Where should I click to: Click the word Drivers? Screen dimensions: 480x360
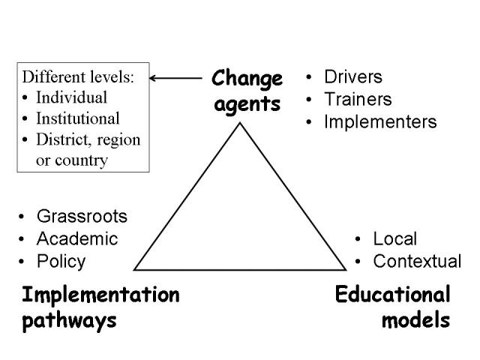tap(353, 76)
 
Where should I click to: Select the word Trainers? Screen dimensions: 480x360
tap(358, 99)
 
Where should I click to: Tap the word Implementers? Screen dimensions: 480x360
tap(380, 122)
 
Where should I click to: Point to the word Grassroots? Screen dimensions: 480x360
tap(82, 216)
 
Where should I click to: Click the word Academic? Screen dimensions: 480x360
tap(77, 238)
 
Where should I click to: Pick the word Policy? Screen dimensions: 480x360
tap(61, 262)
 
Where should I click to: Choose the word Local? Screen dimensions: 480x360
tap(395, 238)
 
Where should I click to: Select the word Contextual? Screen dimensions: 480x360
tap(417, 262)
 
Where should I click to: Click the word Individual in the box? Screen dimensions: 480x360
tap(72, 97)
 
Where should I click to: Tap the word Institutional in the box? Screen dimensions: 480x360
tap(78, 118)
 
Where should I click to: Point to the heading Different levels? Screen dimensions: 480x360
tap(78, 76)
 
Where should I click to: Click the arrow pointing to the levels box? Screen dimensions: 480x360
tap(175, 78)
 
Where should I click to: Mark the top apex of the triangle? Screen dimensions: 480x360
tap(240, 123)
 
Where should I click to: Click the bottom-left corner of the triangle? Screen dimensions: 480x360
tap(134, 270)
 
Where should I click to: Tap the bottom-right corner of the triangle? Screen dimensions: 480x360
tap(346, 270)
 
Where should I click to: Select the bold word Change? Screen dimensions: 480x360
tap(247, 79)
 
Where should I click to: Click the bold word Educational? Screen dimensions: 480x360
tap(393, 295)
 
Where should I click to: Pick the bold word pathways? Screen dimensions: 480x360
tap(70, 321)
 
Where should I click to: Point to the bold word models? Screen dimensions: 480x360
tap(415, 320)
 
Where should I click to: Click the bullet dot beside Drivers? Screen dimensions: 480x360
tap(308, 77)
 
